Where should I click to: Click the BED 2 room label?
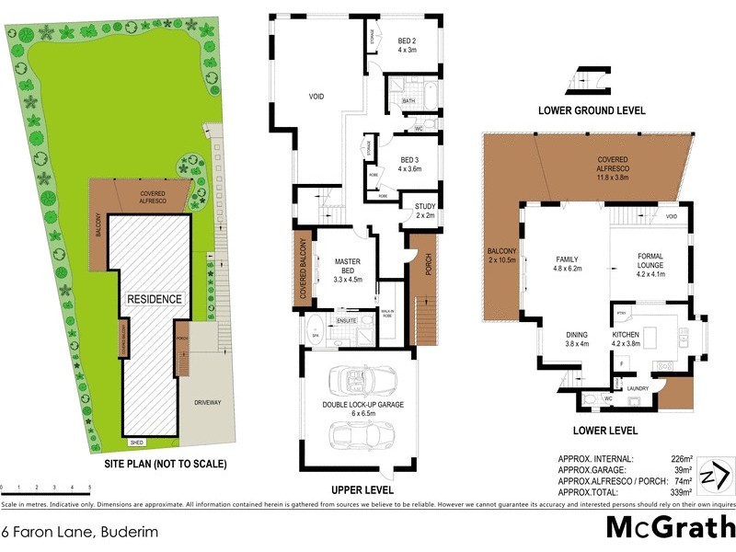click(408, 46)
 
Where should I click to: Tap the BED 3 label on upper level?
click(408, 163)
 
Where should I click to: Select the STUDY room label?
click(424, 211)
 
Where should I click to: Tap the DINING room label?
click(577, 340)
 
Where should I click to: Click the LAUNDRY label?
click(638, 388)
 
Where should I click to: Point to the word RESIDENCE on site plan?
click(155, 299)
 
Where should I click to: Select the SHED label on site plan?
click(137, 442)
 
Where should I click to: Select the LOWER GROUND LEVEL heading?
click(592, 110)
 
